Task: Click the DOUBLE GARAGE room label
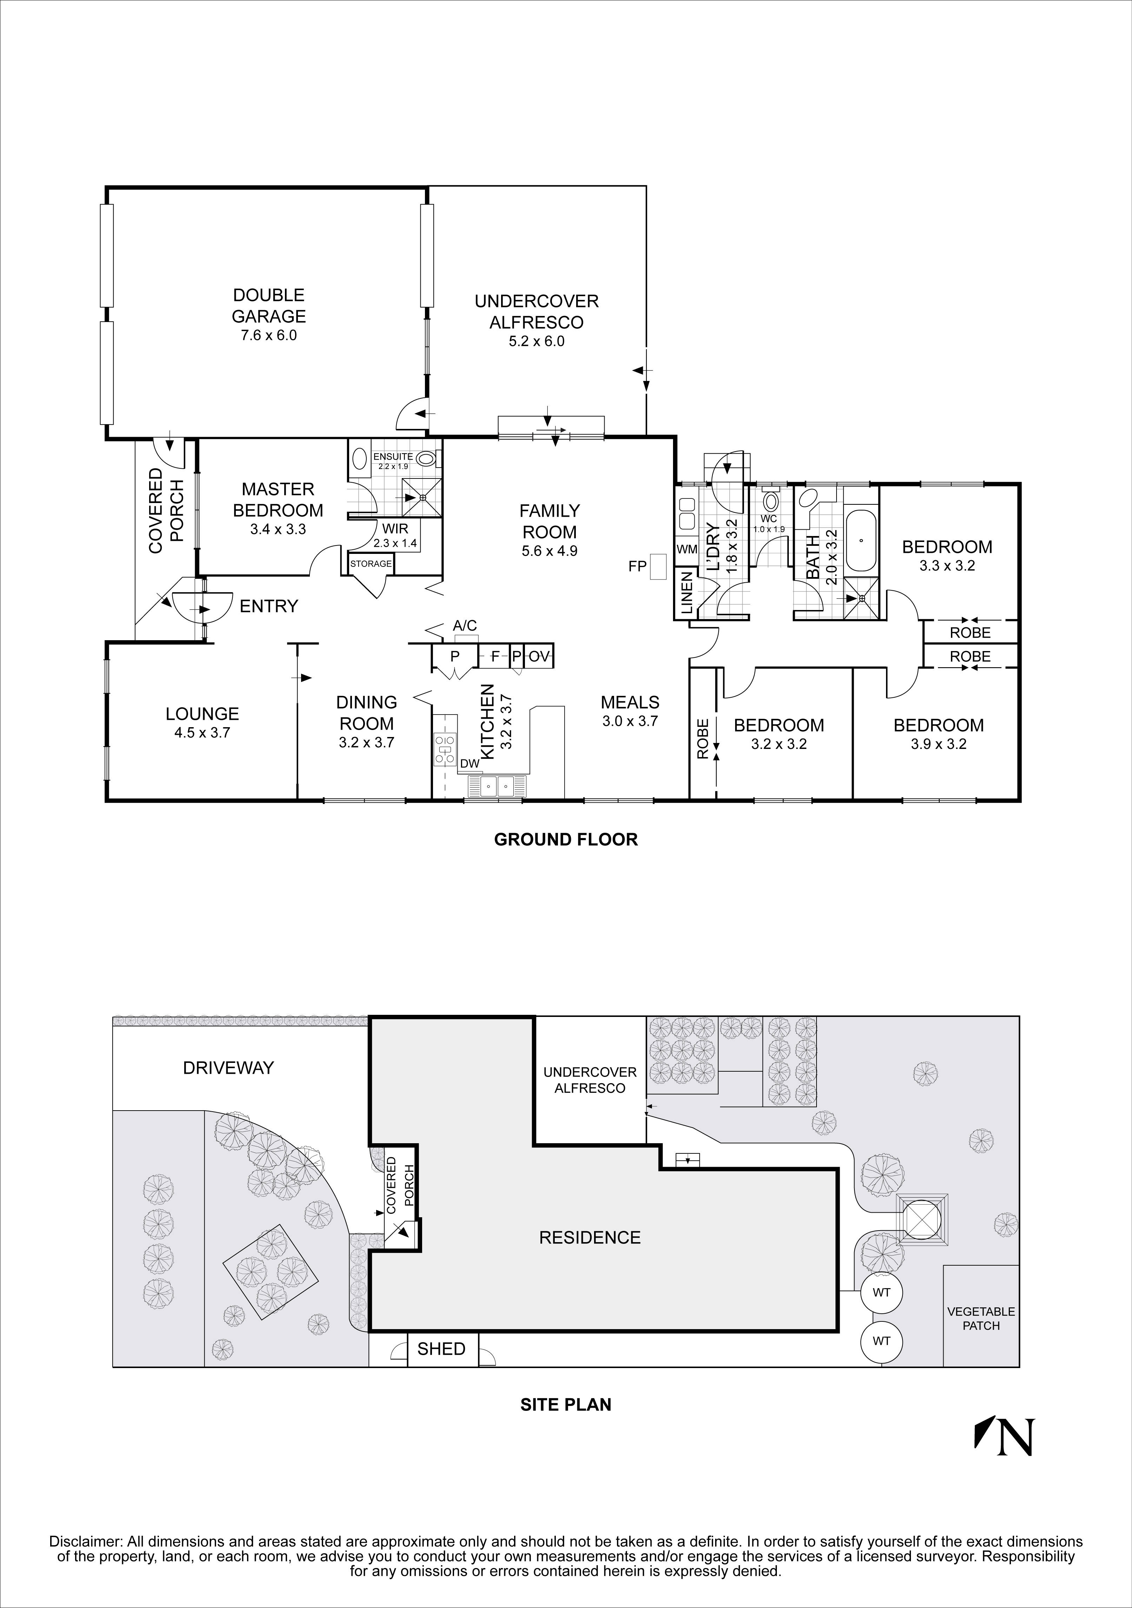tap(269, 306)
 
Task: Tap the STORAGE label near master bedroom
tap(371, 564)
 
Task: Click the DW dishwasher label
tap(470, 763)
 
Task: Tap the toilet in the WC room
tap(771, 502)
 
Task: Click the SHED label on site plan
tap(441, 1349)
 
